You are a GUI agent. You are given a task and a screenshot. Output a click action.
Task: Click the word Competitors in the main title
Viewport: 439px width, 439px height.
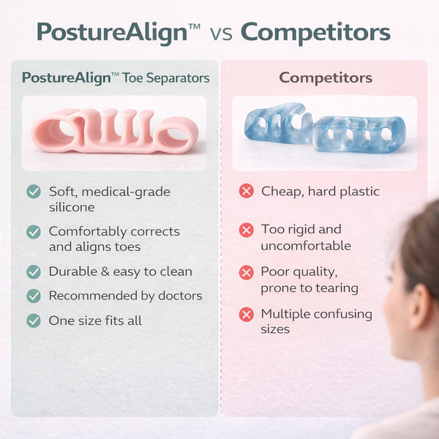click(x=315, y=32)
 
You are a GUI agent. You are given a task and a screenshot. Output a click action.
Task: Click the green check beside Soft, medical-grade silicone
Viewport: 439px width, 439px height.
click(x=34, y=192)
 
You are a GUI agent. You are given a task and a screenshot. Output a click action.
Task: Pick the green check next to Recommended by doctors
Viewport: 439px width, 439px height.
click(x=34, y=296)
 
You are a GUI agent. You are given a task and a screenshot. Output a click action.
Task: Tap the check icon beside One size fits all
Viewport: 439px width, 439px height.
click(x=34, y=320)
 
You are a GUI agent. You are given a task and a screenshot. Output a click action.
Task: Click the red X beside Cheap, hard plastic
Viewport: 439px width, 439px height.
click(x=246, y=192)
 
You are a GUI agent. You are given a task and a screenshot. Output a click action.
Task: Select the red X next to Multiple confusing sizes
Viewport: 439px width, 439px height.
click(x=246, y=315)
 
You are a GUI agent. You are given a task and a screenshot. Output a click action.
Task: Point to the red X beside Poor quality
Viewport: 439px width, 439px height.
click(x=246, y=272)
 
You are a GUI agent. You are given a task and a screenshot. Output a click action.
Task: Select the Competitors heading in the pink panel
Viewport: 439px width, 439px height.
click(x=326, y=78)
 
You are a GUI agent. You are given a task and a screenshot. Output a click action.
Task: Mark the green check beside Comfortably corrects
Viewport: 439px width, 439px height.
click(x=34, y=231)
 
